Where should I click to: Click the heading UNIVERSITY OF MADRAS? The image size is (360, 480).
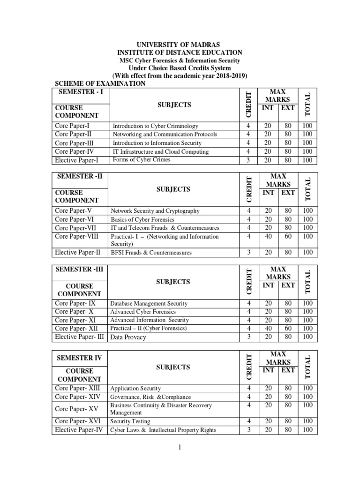coord(180,45)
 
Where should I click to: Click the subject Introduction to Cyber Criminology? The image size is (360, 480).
coord(155,126)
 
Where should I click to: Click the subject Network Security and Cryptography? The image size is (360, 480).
coord(155,211)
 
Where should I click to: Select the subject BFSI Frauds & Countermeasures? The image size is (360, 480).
coord(151,253)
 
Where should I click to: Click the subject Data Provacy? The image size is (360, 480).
coord(128,337)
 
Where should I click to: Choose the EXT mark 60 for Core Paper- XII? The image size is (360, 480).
coord(288,328)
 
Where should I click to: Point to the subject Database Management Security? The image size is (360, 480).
coord(149,304)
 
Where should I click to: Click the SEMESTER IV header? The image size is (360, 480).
coord(79,358)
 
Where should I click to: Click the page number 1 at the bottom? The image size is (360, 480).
coord(179,448)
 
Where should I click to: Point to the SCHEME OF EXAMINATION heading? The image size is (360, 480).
coord(100,83)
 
